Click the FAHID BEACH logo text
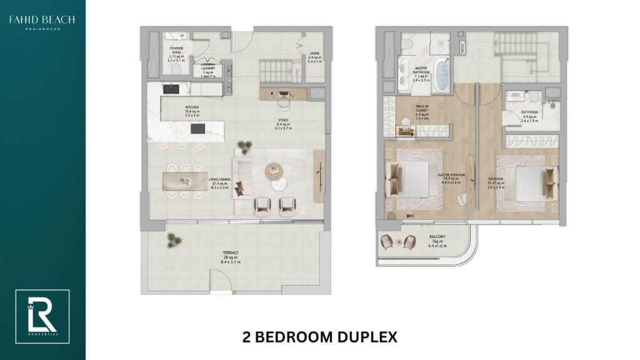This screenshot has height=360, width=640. tap(42, 21)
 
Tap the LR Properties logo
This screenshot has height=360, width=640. tap(42, 316)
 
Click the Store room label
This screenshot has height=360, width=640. tap(315, 57)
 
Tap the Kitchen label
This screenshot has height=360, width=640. tap(174, 111)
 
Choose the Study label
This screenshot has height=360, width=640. tap(283, 124)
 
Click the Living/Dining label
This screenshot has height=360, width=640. tap(219, 182)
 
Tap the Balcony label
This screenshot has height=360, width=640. tap(437, 240)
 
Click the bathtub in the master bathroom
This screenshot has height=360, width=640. tap(442, 74)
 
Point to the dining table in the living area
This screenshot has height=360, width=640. tap(184, 181)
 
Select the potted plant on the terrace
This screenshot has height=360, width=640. tap(171, 239)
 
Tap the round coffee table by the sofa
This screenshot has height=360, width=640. tap(274, 170)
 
